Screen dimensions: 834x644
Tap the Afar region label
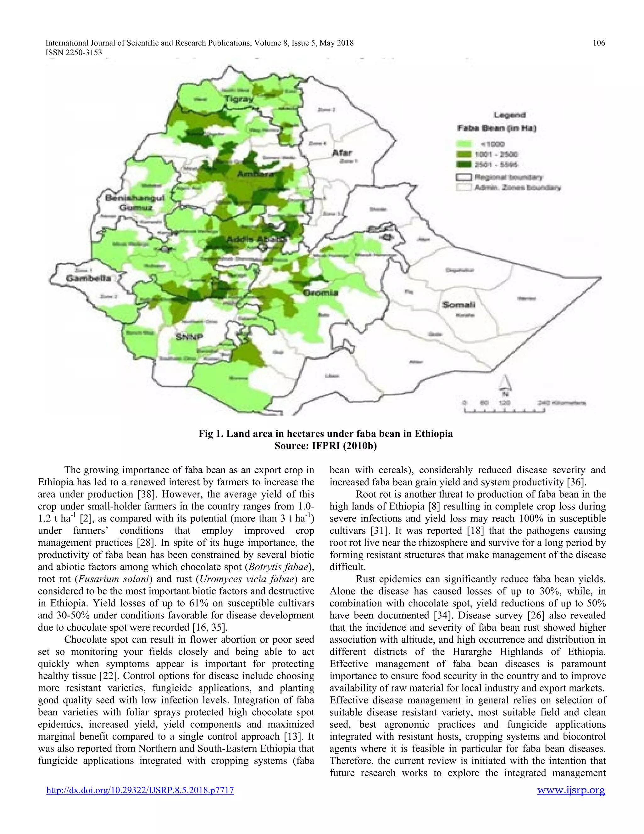point(342,153)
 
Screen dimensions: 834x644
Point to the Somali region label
point(458,305)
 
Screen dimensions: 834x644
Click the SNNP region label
point(189,337)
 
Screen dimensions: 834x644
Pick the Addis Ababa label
point(256,239)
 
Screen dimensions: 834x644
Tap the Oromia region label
point(320,292)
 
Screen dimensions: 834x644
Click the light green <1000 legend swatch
point(464,144)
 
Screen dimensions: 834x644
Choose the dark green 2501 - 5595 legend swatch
point(464,165)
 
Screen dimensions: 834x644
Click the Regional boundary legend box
point(464,177)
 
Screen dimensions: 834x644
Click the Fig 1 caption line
point(325,434)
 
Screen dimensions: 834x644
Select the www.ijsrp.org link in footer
point(571,790)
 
